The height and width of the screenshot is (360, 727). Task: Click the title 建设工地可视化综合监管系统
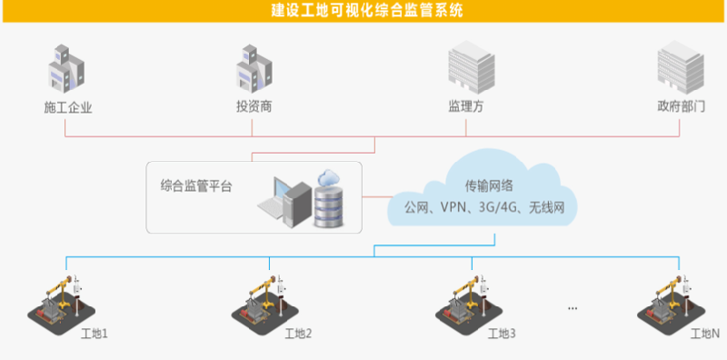click(363, 11)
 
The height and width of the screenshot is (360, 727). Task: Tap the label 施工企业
click(68, 107)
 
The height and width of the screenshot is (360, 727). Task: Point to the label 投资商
click(254, 106)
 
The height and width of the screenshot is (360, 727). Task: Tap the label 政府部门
click(681, 106)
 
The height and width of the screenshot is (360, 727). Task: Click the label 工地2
click(298, 334)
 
